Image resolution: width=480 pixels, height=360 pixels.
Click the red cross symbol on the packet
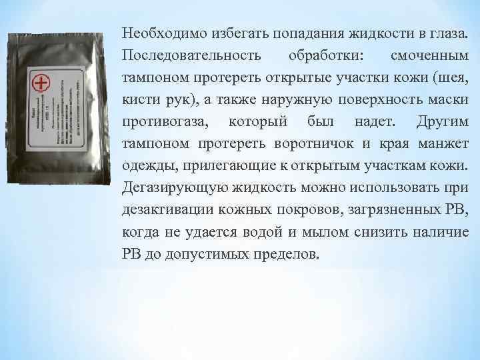(x=41, y=83)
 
